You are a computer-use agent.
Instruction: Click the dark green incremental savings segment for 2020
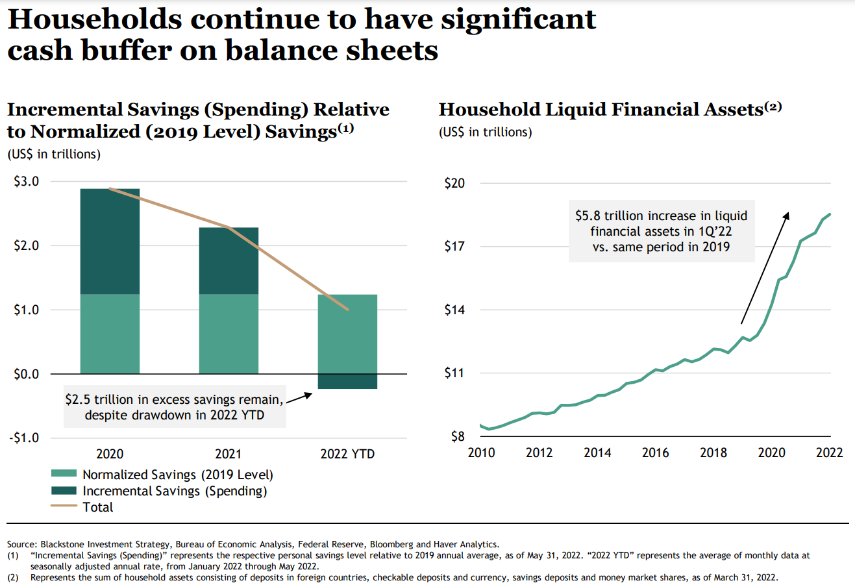coord(110,241)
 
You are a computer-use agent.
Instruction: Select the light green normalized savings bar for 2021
coord(229,334)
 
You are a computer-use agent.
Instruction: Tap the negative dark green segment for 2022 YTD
coord(347,381)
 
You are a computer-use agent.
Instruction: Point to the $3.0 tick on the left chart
coord(26,182)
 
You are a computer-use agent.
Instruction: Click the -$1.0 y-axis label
coord(24,438)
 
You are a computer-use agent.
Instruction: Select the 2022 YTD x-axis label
coord(347,454)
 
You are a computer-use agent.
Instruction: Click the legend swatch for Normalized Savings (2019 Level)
coord(64,475)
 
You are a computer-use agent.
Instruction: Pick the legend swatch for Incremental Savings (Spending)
coord(64,491)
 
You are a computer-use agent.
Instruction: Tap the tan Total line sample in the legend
coord(64,507)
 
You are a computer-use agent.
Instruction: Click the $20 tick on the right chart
coord(454,183)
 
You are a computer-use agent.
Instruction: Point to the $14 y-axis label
coord(454,310)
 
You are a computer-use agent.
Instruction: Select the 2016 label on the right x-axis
coord(655,453)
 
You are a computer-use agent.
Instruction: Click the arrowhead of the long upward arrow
coord(787,216)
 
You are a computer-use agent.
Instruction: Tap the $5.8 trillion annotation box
coord(662,231)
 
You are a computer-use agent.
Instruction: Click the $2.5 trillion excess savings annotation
coord(174,407)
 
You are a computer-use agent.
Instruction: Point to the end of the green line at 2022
coord(830,214)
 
